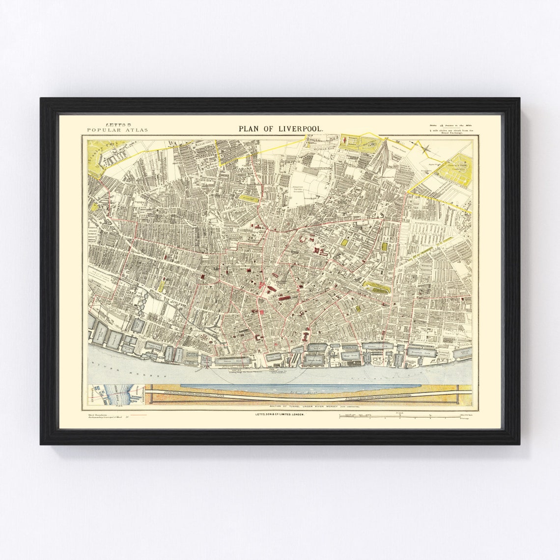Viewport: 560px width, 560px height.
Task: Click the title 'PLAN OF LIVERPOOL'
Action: click(281, 128)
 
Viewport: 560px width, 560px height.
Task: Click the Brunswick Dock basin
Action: click(420, 352)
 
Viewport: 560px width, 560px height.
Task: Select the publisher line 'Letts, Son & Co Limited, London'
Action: click(280, 415)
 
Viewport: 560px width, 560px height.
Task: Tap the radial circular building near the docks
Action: click(203, 337)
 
